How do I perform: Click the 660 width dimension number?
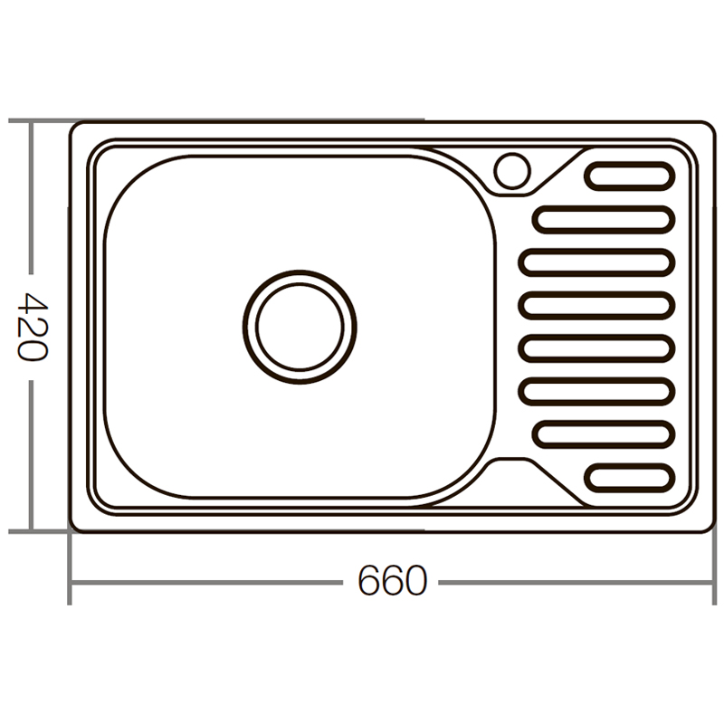coord(391,581)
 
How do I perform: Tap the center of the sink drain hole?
coord(300,326)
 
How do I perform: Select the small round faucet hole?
coord(512,169)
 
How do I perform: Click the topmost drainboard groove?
coord(630,175)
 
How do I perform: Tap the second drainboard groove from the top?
coord(605,219)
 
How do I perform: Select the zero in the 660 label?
coord(414,581)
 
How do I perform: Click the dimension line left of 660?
coord(208,581)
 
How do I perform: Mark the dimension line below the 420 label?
coord(32,452)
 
